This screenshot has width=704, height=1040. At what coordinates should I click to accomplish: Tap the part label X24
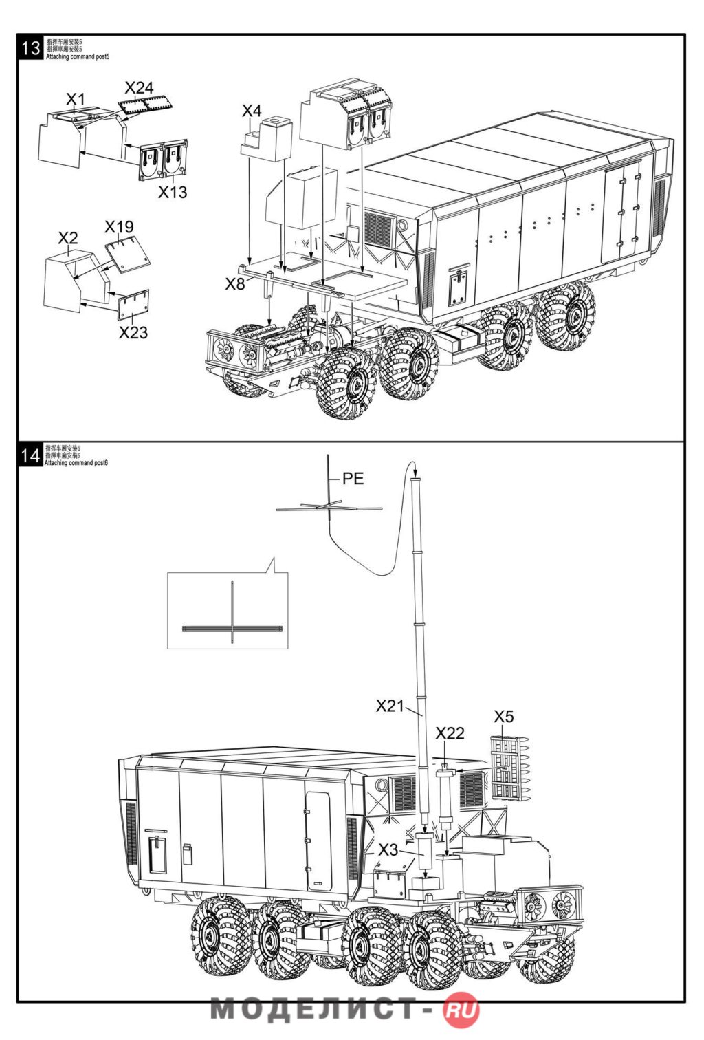(139, 88)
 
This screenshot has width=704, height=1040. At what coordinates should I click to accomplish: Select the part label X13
(173, 193)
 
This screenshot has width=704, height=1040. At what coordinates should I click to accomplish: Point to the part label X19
(119, 227)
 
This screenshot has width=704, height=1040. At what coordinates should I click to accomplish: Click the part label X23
(133, 333)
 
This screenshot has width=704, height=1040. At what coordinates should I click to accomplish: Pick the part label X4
(252, 111)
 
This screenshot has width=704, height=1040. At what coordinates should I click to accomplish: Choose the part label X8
(234, 284)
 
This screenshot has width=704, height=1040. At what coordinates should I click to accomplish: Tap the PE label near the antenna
(353, 479)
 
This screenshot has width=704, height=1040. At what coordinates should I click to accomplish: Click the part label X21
(390, 706)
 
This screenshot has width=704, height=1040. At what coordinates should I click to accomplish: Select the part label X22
(450, 733)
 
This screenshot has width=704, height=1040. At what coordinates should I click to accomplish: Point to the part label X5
(503, 717)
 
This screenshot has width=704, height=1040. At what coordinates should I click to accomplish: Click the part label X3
(388, 849)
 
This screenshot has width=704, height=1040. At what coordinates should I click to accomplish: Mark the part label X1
(75, 99)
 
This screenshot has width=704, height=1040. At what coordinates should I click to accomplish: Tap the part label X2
(67, 239)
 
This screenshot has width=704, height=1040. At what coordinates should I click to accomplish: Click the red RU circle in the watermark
(461, 1010)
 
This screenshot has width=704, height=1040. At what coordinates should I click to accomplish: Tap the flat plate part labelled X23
(133, 305)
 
